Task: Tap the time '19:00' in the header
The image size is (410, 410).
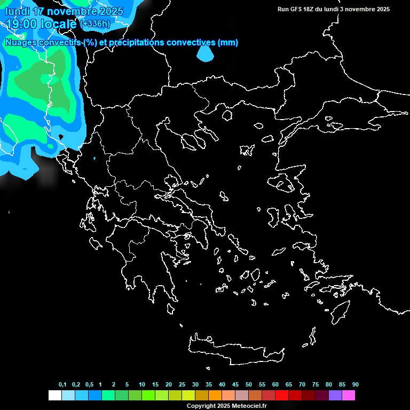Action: pos(21,23)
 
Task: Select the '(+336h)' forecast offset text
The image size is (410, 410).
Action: pos(95,23)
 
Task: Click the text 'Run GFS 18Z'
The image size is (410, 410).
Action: pos(295,9)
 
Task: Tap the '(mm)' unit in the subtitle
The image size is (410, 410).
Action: pos(228,42)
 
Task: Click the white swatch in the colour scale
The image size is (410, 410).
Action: pos(54,396)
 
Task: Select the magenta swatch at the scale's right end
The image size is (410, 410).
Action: pos(349,396)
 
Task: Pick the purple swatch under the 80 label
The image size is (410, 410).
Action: pos(335,396)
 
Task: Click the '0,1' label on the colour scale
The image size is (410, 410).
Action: pos(62,384)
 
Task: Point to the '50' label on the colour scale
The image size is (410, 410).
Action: pos(249,384)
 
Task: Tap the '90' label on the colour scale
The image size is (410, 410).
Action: pos(355,384)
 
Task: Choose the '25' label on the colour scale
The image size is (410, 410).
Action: pos(182,384)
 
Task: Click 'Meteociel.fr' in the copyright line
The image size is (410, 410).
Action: pos(248,406)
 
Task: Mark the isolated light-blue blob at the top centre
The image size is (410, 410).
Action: pos(205,53)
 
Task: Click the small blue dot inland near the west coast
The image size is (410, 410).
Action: pos(94,159)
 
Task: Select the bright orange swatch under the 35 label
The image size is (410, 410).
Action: pos(215,396)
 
